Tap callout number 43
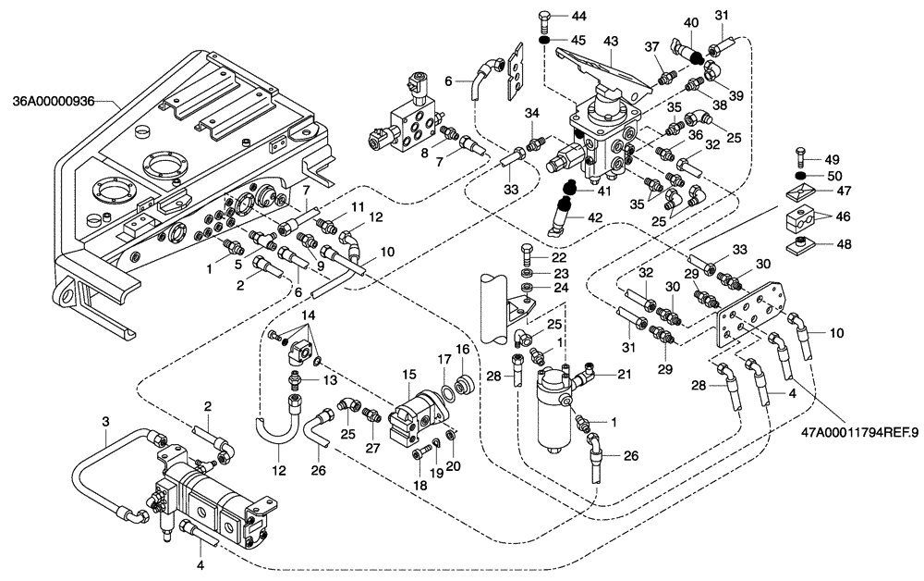pyautogui.click(x=610, y=43)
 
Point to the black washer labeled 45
pyautogui.click(x=546, y=40)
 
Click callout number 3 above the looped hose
pyautogui.click(x=106, y=422)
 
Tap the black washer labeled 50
pyautogui.click(x=802, y=176)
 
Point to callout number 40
pyautogui.click(x=690, y=22)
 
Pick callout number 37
pyautogui.click(x=650, y=47)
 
